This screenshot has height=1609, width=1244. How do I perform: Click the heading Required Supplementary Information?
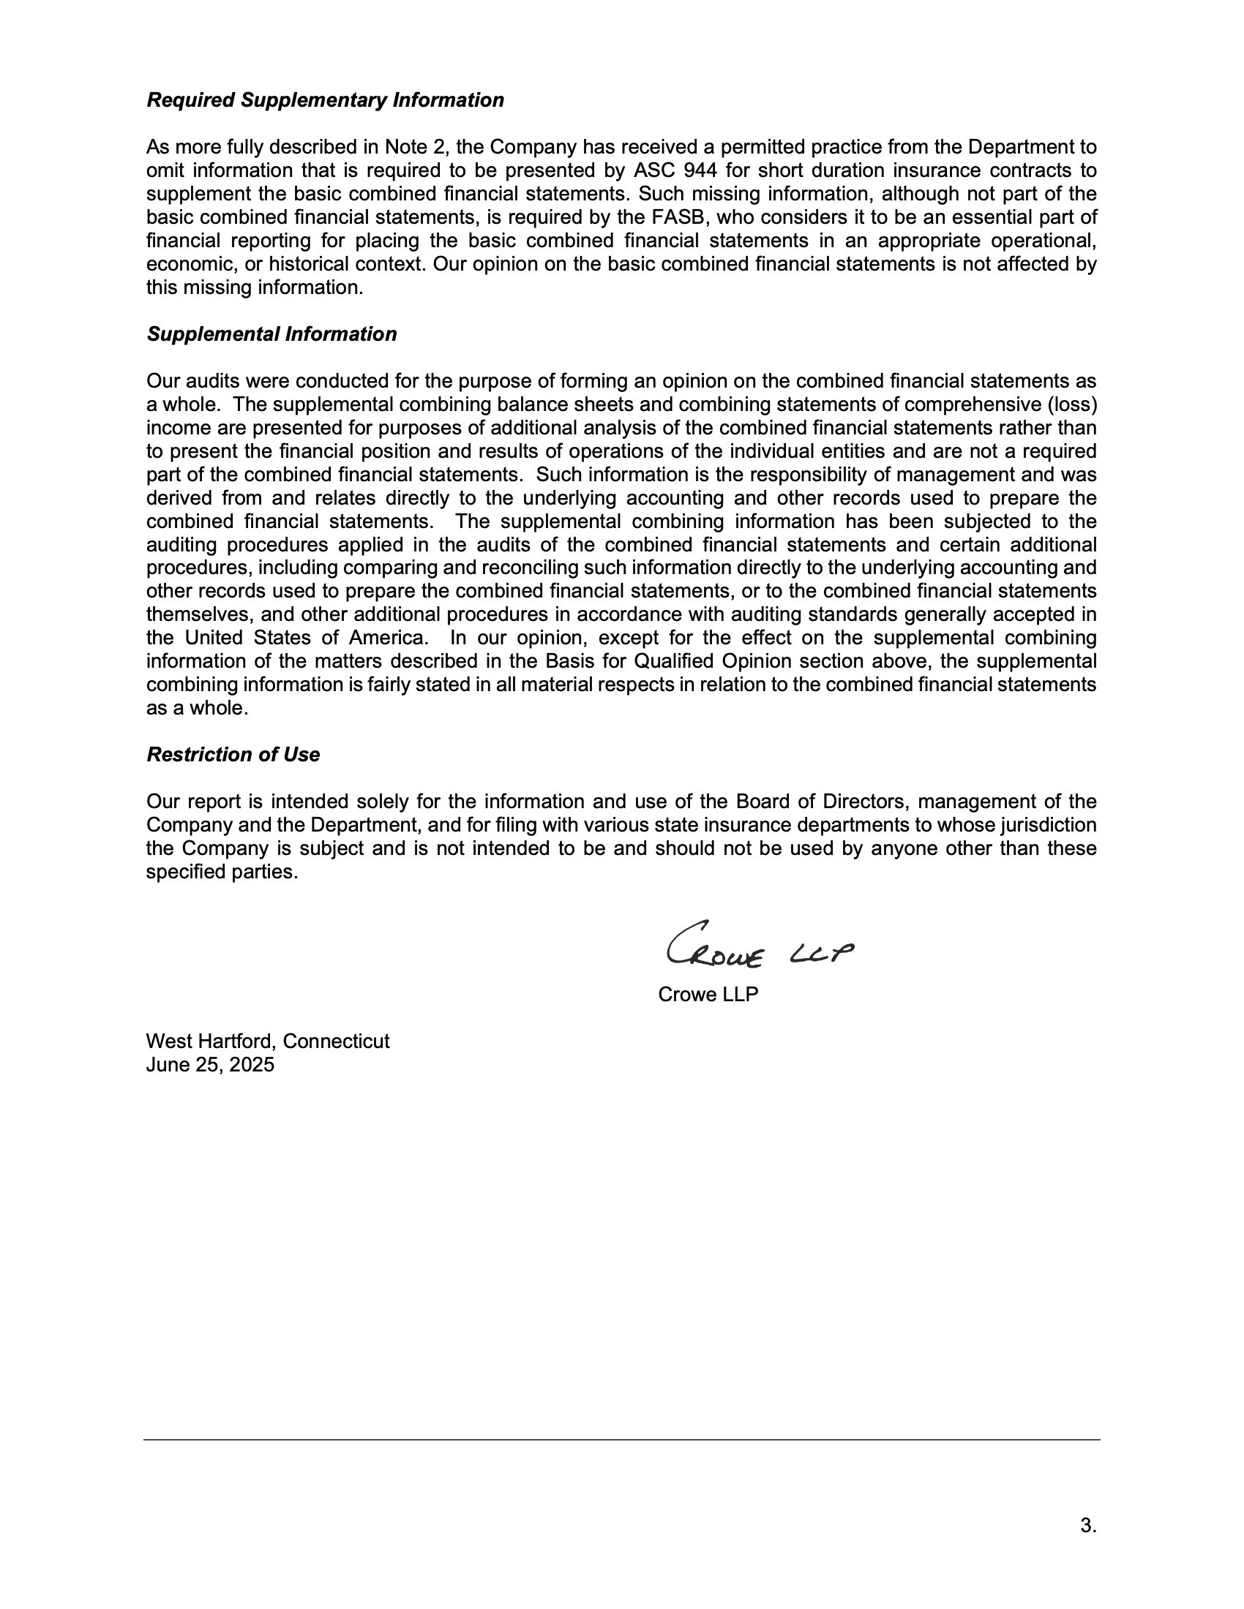pos(325,100)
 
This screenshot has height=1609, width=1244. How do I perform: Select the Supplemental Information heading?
pos(271,334)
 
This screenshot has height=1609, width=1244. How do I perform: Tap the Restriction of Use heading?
pos(233,755)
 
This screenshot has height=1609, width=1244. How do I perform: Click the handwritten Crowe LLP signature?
pos(759,946)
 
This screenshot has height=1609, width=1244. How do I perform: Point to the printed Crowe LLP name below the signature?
pos(708,995)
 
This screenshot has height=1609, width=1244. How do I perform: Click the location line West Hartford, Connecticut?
pos(268,1041)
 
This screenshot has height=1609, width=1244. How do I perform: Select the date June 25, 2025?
pos(210,1065)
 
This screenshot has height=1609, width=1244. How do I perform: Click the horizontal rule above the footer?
pos(621,1439)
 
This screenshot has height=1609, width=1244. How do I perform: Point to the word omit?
pos(167,171)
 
